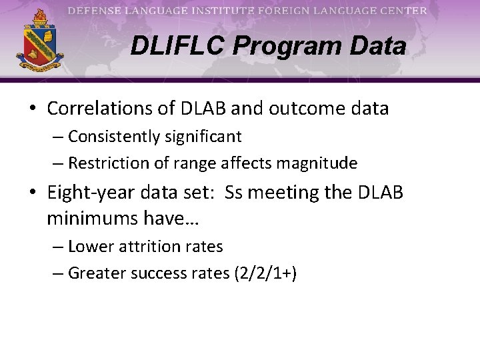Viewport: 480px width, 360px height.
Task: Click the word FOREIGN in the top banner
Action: coord(308,11)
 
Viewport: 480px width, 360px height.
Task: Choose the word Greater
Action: coord(93,273)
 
